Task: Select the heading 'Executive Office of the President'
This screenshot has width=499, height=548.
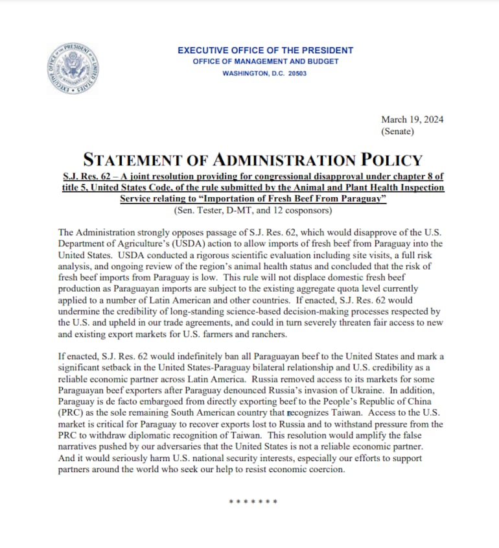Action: coord(265,50)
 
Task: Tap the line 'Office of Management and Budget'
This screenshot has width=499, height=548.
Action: coord(265,62)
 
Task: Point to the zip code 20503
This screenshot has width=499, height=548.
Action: coord(297,73)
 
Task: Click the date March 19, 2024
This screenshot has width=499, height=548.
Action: coord(412,119)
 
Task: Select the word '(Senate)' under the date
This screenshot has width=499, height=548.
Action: coord(398,131)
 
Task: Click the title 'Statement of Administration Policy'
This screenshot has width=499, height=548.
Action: coord(253,160)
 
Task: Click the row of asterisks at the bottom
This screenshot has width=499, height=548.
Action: coord(253,502)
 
